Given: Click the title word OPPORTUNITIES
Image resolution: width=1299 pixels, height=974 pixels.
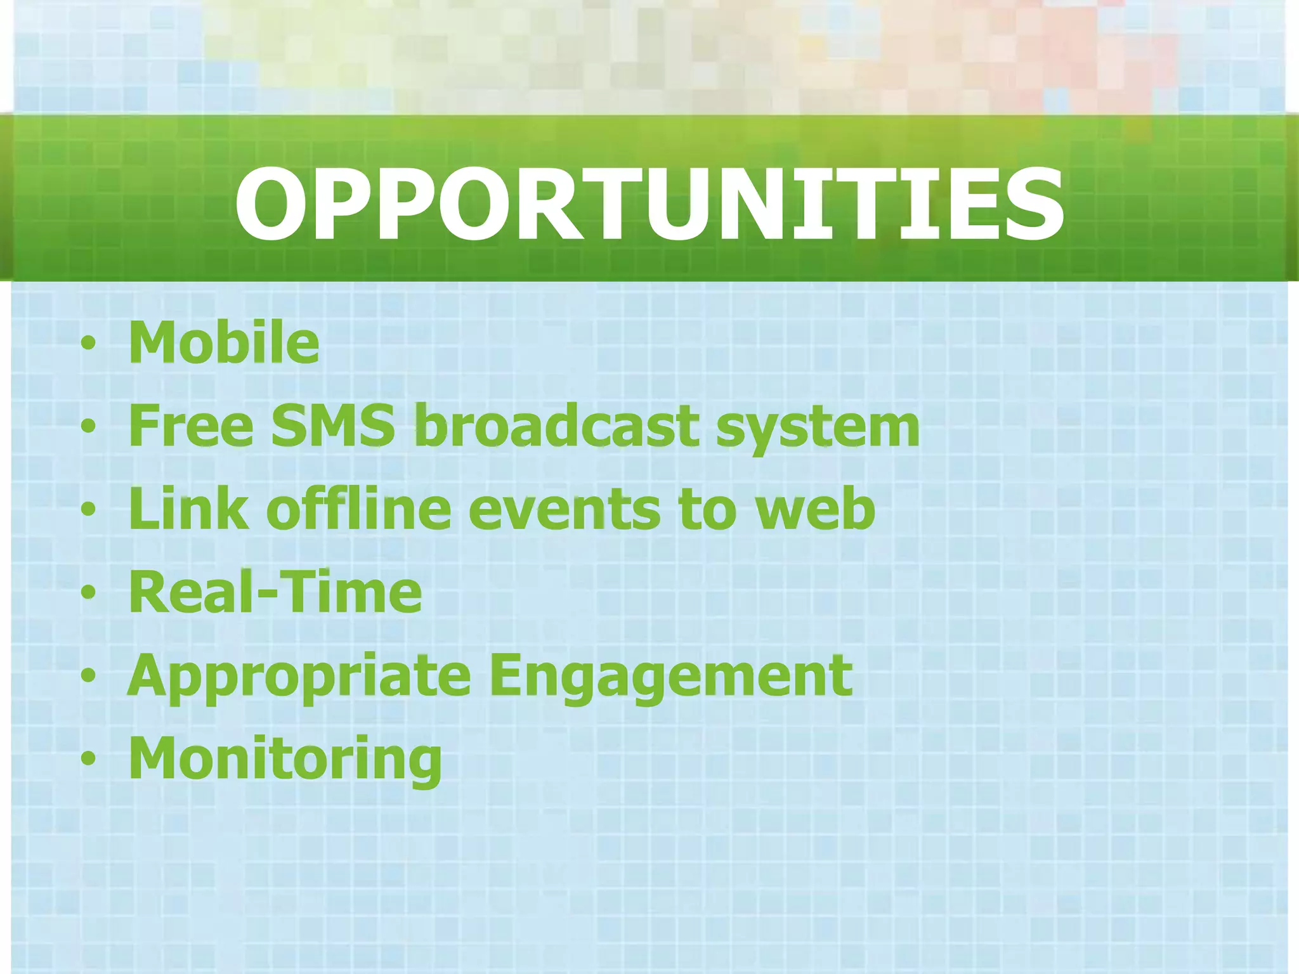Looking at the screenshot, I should point(649,204).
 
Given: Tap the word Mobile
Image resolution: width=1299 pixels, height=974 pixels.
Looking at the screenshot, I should point(224,343).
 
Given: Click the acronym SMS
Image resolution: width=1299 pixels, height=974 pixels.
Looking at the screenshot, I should point(333,426).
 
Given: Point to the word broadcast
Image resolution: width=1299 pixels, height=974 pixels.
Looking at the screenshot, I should point(556,426).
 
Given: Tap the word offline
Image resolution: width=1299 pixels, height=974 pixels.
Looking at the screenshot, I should point(358,509).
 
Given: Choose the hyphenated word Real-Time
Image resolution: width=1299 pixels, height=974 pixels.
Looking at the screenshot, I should point(275,592).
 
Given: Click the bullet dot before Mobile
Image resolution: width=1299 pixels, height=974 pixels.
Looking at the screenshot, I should point(89,344).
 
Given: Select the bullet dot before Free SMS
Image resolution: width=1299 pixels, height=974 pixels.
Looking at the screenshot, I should point(89,427).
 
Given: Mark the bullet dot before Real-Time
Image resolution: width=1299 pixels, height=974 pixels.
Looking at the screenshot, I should point(89,593).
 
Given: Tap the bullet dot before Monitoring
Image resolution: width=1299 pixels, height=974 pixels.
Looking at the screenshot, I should point(89,758).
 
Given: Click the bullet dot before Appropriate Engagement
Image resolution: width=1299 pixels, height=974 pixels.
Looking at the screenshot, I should point(89,676).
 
